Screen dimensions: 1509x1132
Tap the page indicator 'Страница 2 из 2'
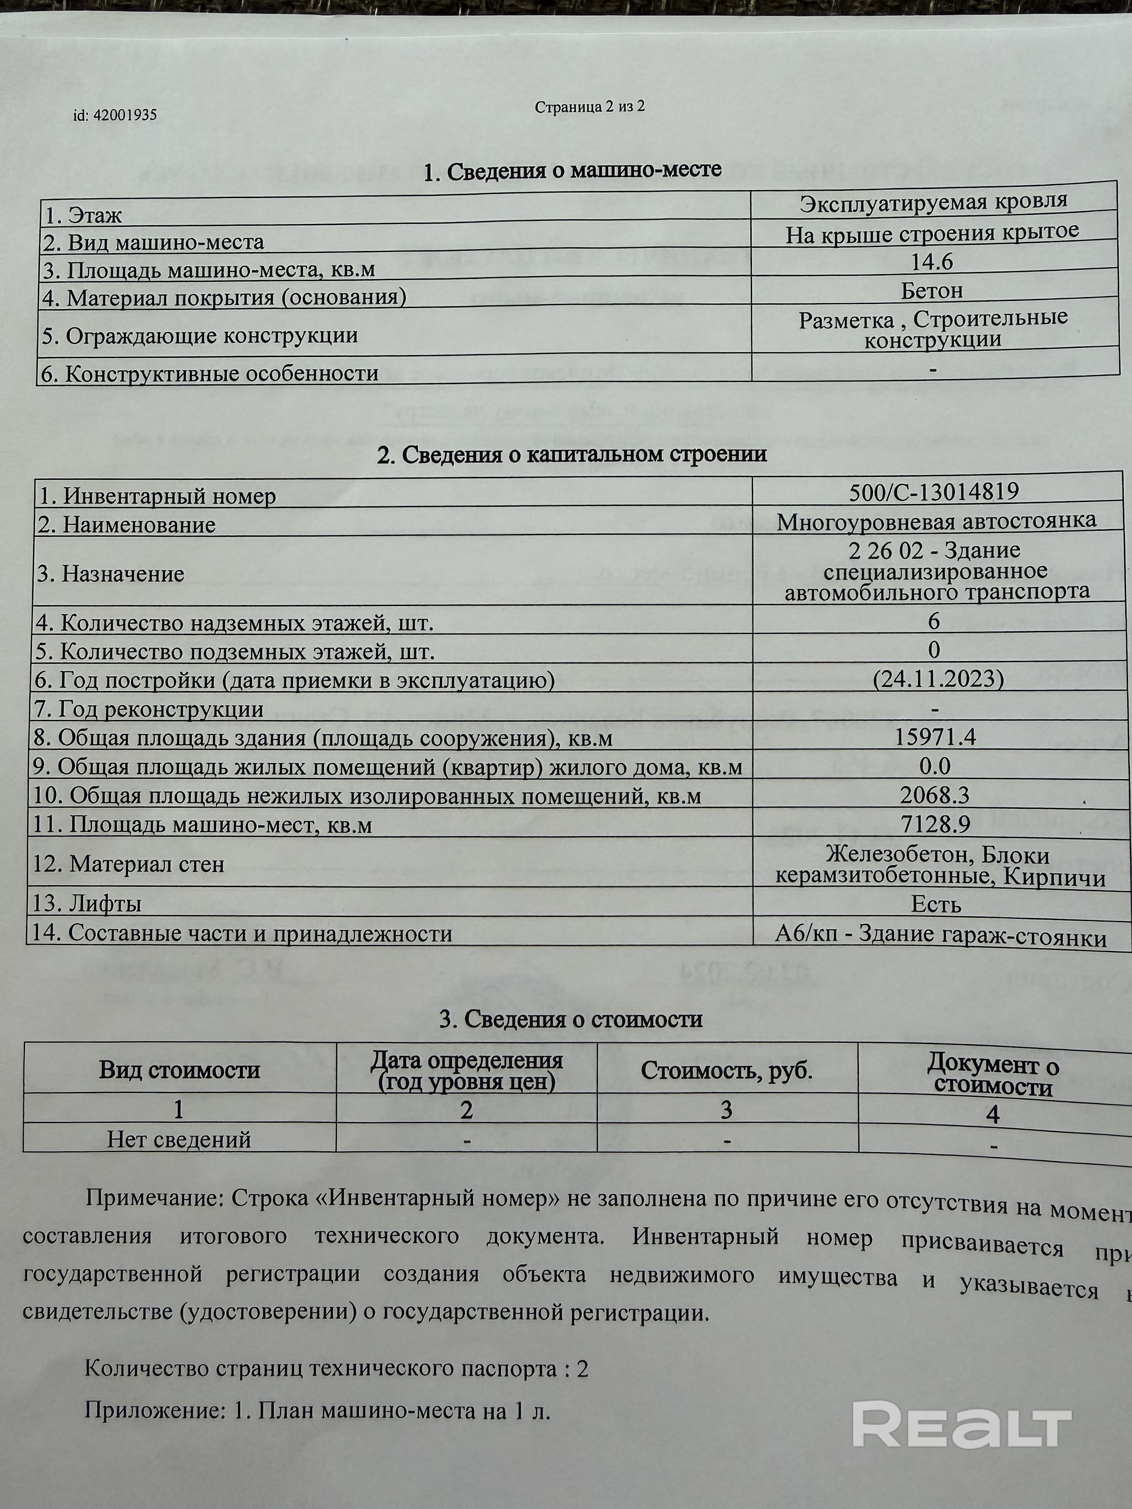[590, 107]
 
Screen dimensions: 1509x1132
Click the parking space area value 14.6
[932, 262]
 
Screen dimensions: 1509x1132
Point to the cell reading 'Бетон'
[932, 291]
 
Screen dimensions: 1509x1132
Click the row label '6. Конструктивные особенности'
[210, 374]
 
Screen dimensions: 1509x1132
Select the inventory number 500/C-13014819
[934, 491]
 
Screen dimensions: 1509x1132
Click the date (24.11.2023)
[938, 679]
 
